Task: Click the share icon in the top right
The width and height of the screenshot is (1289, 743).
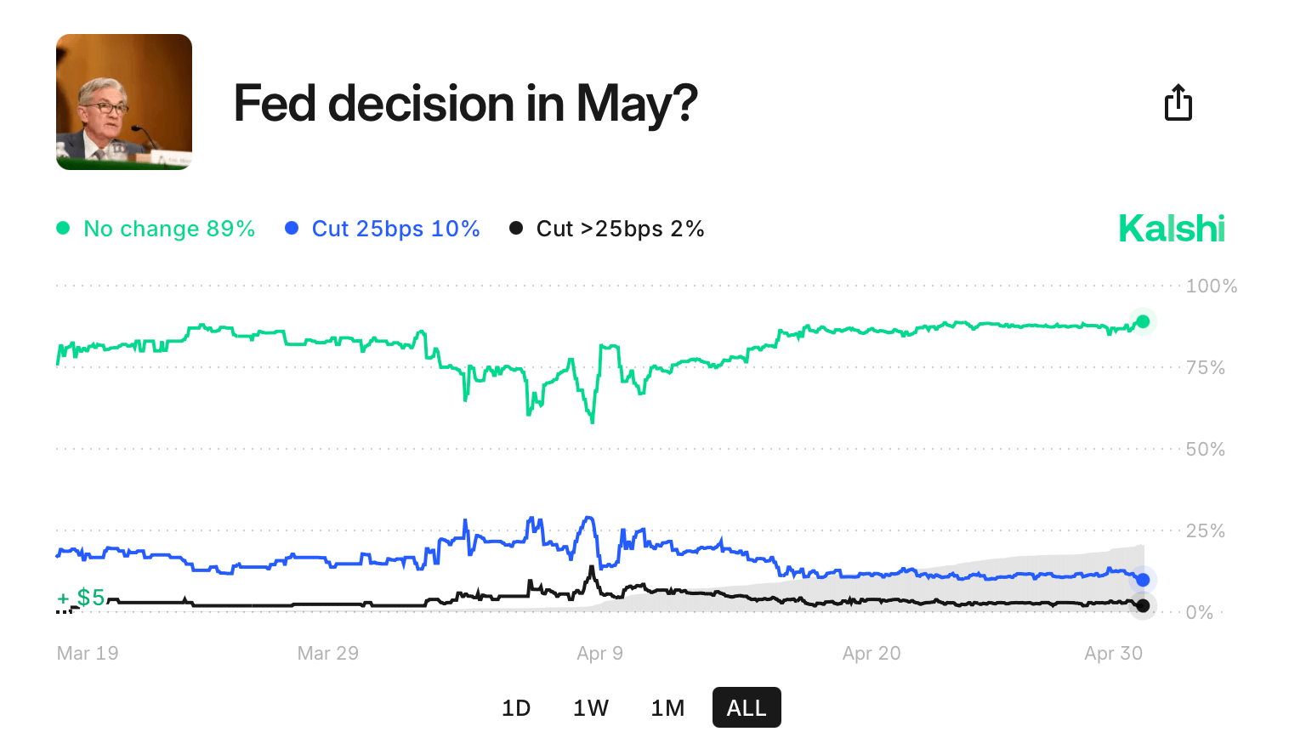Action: tap(1178, 103)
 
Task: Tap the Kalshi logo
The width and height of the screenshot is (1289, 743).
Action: tap(1172, 229)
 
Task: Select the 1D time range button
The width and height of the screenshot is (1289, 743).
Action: tap(516, 708)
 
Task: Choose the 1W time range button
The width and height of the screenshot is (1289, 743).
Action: tap(591, 708)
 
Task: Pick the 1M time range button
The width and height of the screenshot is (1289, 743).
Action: tap(667, 708)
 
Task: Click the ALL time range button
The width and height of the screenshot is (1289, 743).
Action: tap(747, 708)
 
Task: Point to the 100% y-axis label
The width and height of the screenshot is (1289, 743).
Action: tap(1212, 286)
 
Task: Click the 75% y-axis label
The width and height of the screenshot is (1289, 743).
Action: tap(1206, 368)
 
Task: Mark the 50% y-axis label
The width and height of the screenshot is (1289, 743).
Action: tap(1206, 450)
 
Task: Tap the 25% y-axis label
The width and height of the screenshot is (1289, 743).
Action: tap(1206, 531)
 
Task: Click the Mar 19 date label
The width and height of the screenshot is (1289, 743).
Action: tap(88, 654)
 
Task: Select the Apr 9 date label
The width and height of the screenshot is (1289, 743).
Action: tap(599, 654)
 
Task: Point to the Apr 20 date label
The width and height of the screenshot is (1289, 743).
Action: tap(872, 654)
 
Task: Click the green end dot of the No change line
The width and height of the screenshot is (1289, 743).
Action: tap(1143, 321)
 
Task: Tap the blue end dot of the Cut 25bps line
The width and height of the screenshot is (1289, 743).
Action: tap(1143, 580)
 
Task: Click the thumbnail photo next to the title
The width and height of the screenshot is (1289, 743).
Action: tap(124, 102)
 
